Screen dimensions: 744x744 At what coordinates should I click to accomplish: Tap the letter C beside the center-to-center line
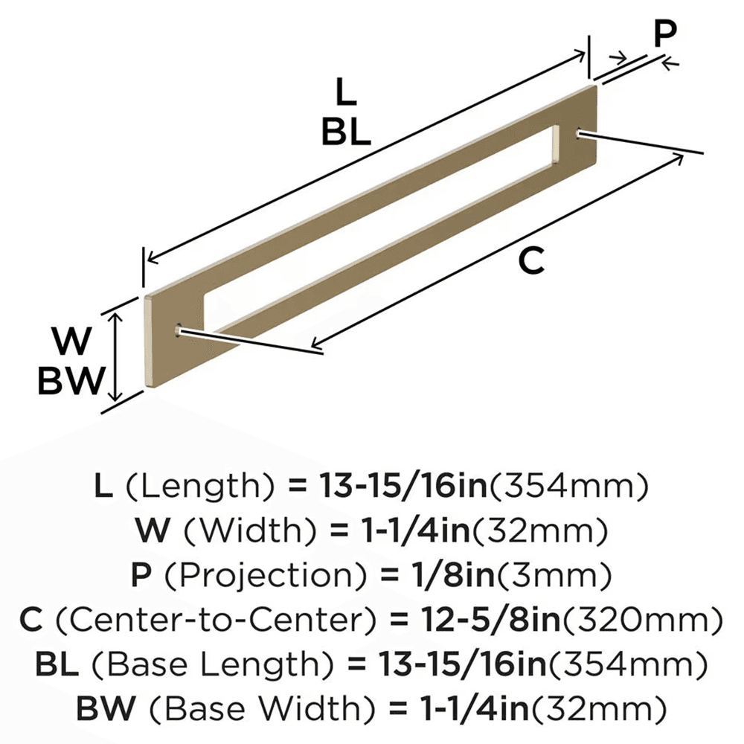pos(530,261)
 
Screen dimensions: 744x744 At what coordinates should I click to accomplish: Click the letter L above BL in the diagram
pos(345,94)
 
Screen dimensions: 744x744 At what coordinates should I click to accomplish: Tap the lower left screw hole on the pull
pos(177,330)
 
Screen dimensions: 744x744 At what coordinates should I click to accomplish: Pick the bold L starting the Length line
pos(103,488)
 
